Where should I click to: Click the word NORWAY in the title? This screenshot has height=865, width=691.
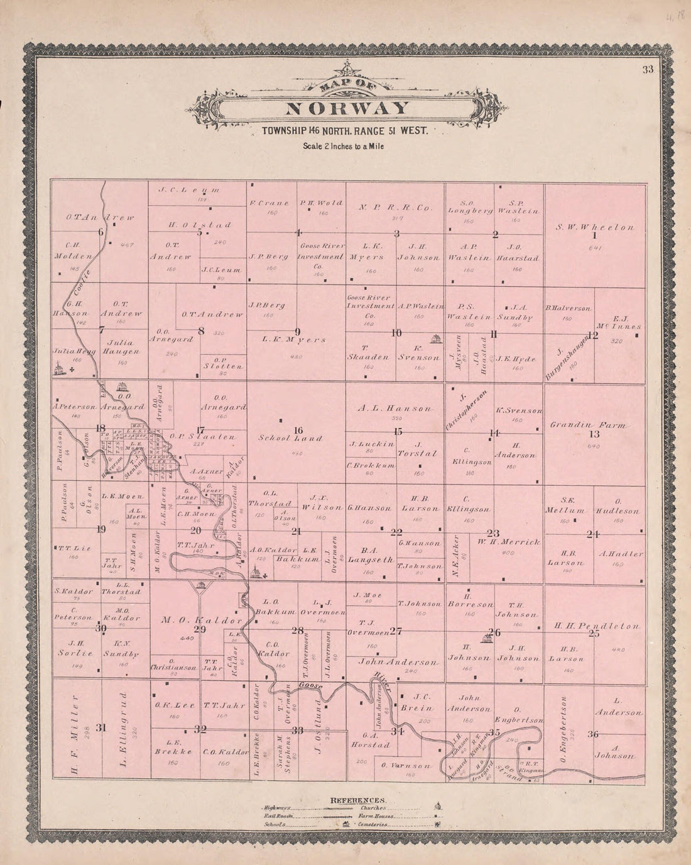(347, 108)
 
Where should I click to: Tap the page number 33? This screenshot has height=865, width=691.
(648, 70)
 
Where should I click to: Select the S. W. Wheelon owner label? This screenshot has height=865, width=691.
(594, 226)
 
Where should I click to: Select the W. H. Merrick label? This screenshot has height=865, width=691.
(508, 541)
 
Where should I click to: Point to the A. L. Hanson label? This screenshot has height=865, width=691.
(395, 409)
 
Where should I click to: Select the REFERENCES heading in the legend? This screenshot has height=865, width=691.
(357, 800)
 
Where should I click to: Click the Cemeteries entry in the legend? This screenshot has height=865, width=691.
(378, 823)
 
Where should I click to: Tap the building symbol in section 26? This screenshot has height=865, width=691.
(485, 639)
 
